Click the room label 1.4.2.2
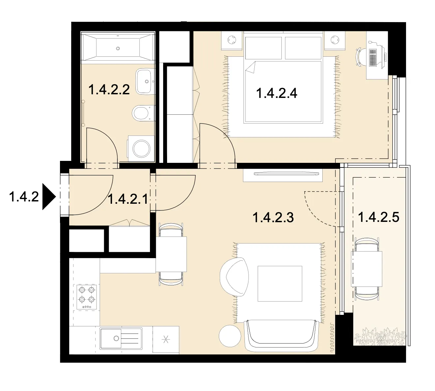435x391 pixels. tap(109, 89)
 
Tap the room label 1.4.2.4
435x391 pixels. tap(276, 93)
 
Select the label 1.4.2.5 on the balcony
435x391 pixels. tap(379, 217)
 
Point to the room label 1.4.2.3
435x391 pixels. tap(273, 217)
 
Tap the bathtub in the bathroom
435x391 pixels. tap(118, 48)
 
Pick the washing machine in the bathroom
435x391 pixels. tap(141, 148)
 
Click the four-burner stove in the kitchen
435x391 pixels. tap(87, 297)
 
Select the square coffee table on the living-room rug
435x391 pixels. tap(280, 284)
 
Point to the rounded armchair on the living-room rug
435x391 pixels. tap(234, 277)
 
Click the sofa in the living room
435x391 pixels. tap(282, 335)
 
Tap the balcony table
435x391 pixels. tap(366, 269)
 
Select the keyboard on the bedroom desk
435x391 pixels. tap(373, 57)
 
